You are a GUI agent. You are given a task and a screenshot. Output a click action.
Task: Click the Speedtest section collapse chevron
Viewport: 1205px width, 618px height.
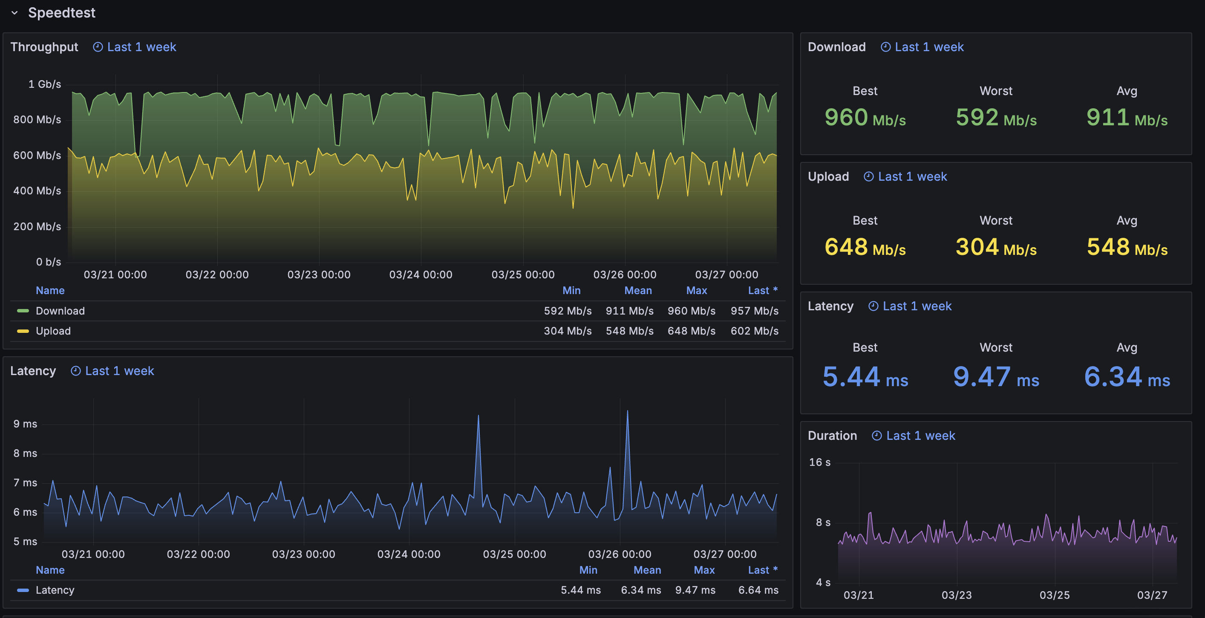tap(14, 13)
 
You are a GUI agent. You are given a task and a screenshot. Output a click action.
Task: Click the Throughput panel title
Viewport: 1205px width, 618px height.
tap(44, 47)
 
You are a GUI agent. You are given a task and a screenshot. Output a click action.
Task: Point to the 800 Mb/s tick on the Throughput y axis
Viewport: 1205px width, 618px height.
tap(37, 120)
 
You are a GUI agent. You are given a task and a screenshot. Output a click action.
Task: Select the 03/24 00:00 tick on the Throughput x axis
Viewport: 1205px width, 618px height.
tap(421, 274)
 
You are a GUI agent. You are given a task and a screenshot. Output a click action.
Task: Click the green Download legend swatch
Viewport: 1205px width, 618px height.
tap(23, 311)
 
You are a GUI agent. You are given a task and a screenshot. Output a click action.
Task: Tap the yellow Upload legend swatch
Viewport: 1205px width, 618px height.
tap(23, 331)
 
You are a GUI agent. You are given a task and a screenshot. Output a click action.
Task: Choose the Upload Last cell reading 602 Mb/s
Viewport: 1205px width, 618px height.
tap(754, 331)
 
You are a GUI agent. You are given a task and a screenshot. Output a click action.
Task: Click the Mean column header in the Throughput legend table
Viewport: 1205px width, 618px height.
tap(637, 291)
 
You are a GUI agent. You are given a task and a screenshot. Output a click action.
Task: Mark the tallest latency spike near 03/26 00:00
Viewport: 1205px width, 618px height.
tap(627, 411)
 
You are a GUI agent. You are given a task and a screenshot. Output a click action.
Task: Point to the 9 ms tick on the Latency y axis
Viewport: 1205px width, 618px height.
tap(25, 424)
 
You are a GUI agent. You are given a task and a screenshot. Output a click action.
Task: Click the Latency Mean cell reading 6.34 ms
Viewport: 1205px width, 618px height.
tap(641, 590)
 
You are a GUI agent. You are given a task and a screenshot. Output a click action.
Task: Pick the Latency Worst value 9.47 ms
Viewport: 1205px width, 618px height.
tap(996, 377)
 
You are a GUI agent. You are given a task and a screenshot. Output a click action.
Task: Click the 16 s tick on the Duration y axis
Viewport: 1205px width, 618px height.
tap(819, 462)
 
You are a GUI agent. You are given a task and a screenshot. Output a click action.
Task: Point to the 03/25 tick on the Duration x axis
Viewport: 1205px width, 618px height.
tap(1054, 595)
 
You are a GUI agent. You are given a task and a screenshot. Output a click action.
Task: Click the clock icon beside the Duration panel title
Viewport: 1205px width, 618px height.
tap(876, 436)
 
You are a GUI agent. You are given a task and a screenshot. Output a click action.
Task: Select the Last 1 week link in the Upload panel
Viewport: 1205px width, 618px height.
tap(912, 176)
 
